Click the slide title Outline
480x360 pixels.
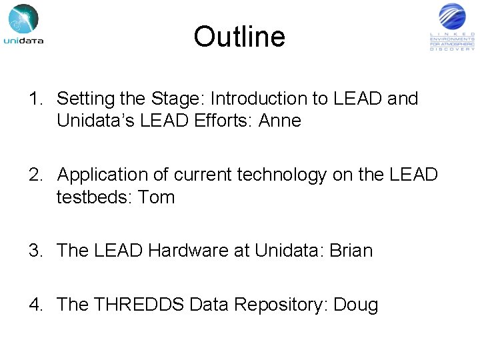coord(239,37)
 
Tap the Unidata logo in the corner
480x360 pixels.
coord(24,25)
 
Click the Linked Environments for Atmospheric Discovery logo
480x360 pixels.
coord(452,27)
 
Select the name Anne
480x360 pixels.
coord(283,121)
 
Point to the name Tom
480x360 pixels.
coord(157,197)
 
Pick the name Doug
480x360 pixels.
coord(355,305)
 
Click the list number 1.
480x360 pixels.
coord(35,99)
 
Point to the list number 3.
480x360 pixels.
coord(35,251)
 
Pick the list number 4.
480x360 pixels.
coord(35,305)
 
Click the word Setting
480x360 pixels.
coord(85,99)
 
